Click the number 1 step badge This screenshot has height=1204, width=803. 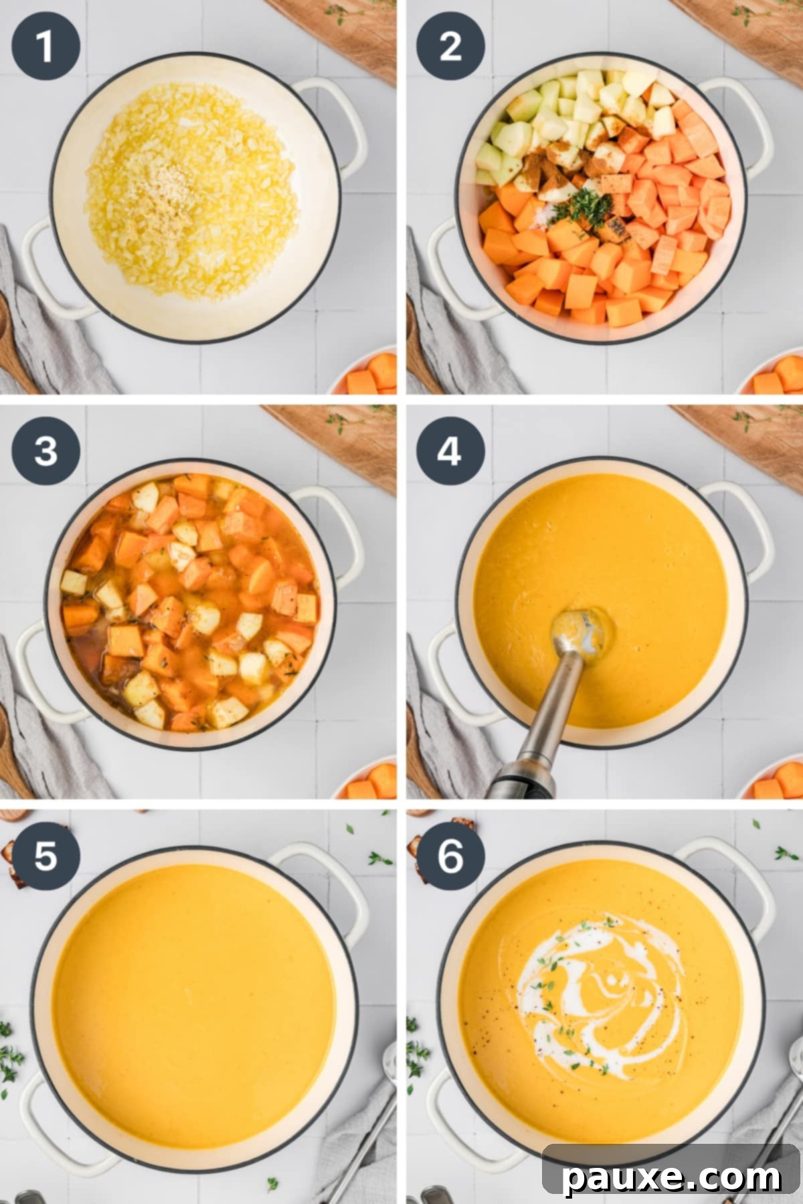tap(46, 46)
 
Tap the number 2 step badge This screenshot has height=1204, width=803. tap(450, 46)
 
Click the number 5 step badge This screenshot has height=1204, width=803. tap(46, 856)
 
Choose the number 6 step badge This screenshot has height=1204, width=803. tap(450, 856)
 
